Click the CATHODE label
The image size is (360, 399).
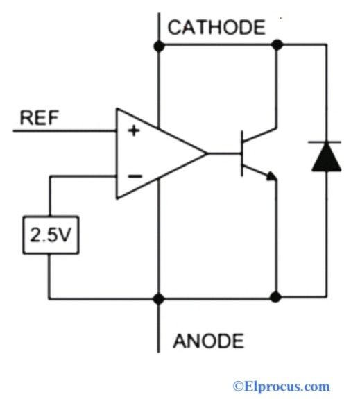click(x=216, y=28)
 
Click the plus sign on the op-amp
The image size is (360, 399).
click(x=134, y=131)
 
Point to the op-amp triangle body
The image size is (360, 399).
click(x=156, y=153)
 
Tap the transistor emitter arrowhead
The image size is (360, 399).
click(x=273, y=178)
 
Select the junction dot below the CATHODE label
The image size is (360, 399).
click(x=159, y=46)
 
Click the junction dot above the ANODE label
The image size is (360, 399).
click(x=159, y=298)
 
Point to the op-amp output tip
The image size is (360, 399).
click(x=207, y=153)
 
